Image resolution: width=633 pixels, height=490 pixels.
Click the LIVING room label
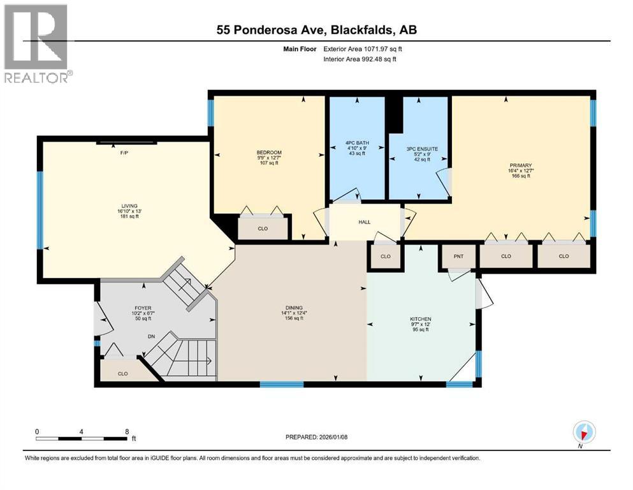point(129,205)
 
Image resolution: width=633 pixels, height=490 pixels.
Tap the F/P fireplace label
point(124,154)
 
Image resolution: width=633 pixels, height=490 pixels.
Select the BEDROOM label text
point(269,152)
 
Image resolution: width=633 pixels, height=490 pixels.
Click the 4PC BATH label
point(357,142)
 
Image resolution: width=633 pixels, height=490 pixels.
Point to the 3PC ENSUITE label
point(422,149)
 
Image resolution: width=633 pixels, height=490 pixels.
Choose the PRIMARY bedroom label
point(521,165)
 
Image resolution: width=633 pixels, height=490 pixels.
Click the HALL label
point(365,222)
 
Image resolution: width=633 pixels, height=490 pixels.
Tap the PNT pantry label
point(458,256)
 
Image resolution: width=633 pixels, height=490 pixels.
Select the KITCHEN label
point(421,319)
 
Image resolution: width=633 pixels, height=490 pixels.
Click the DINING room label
point(294,308)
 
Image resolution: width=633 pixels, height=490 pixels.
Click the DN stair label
point(151,336)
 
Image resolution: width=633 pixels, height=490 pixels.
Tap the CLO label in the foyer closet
point(123,374)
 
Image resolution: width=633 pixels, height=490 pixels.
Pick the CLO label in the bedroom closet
point(263,228)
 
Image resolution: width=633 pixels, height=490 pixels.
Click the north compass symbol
point(584,433)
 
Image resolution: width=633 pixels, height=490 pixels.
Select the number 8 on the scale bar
point(127,431)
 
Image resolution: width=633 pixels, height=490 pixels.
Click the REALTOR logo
point(38,43)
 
